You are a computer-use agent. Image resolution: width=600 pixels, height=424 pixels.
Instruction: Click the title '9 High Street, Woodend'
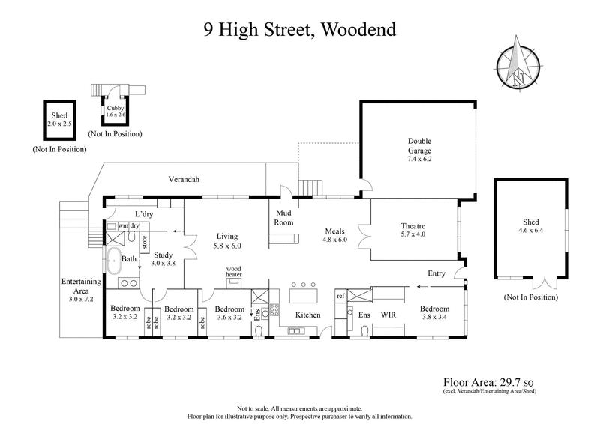pyautogui.click(x=300, y=31)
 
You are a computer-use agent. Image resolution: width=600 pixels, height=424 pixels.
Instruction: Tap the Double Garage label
pyautogui.click(x=420, y=150)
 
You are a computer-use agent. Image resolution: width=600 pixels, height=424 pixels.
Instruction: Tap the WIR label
pyautogui.click(x=388, y=315)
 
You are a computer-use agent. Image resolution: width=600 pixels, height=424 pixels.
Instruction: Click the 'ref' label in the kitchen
pyautogui.click(x=340, y=296)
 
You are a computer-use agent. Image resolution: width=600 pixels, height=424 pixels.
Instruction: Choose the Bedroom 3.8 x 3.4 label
pyautogui.click(x=434, y=313)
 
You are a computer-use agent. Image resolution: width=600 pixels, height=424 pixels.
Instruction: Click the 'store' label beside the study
pyautogui.click(x=144, y=241)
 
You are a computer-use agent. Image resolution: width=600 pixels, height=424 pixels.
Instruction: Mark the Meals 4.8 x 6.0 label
pyautogui.click(x=334, y=235)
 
